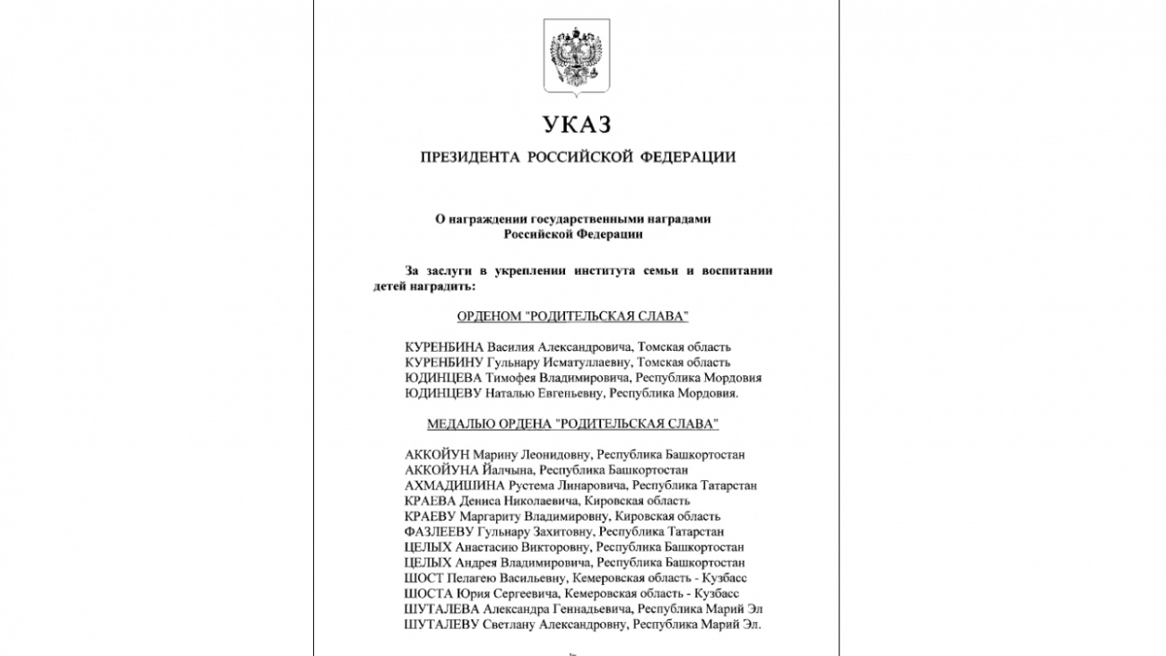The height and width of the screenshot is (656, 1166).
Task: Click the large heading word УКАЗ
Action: point(576,124)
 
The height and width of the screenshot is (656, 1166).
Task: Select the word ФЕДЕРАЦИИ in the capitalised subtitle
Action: point(689,158)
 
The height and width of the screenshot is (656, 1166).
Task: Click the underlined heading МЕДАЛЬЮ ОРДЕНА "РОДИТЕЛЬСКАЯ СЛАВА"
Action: point(572,424)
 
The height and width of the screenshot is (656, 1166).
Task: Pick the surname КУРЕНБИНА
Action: point(444,347)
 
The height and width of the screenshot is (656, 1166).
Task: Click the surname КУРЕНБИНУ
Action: point(444,363)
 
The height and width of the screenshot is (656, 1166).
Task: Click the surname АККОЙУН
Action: point(437,455)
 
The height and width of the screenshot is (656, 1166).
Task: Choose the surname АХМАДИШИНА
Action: point(445,485)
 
